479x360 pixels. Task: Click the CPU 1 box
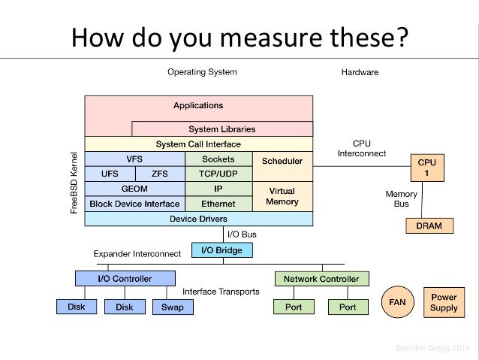coord(426,167)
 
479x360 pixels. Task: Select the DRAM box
coord(424,225)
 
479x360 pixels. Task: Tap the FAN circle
coord(396,302)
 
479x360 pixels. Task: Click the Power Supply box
coord(444,302)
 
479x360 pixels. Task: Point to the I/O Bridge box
coord(222,250)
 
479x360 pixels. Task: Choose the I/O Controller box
coord(125,279)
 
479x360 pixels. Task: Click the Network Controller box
coord(321,279)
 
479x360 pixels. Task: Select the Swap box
coord(173,307)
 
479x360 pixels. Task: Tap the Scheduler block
coord(282,161)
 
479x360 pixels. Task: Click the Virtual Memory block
coord(282,196)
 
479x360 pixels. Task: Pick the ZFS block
coord(160,174)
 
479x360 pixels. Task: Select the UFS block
coord(110,174)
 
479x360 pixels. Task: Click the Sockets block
coord(218,159)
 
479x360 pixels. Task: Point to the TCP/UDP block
coord(218,174)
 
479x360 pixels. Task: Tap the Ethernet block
coord(218,204)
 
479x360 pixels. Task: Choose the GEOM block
coord(134,189)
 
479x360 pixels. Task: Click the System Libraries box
coord(221,129)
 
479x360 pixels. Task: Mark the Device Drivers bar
coord(198,219)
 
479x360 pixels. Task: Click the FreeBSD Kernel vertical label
coord(75,184)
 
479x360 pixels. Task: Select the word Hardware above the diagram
coord(360,72)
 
